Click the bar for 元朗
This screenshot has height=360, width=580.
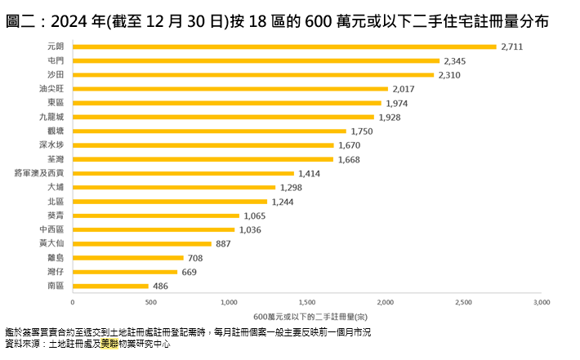284,47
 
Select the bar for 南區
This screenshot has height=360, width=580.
111,286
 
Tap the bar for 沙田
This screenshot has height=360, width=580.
253,74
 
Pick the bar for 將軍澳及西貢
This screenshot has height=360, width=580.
184,173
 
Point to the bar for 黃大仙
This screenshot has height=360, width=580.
142,243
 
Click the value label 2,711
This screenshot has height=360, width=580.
511,47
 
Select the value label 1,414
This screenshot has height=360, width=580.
310,173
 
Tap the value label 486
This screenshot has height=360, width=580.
161,286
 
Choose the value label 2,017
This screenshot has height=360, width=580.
404,89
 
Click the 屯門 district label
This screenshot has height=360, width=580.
56,60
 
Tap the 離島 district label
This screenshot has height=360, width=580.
56,257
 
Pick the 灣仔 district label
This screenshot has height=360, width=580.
56,272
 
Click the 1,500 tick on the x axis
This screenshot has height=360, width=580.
307,302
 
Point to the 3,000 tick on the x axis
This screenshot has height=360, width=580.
541,302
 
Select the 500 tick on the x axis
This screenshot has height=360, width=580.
151,302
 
